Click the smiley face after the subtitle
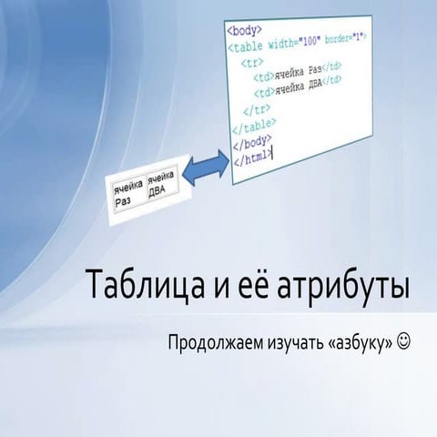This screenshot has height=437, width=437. point(403,341)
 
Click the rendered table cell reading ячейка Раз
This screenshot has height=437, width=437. point(127,192)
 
